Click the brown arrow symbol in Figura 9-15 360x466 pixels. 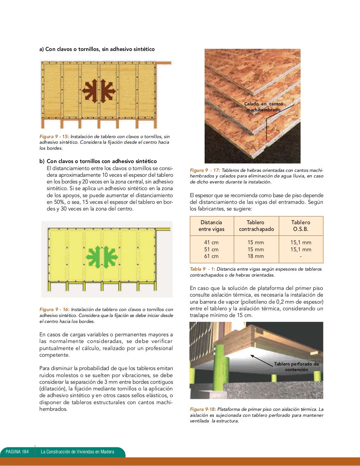coord(99,91)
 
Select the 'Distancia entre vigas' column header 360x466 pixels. coord(211,226)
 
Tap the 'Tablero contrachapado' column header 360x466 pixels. coord(256,226)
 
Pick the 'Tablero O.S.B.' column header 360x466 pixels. coord(301,226)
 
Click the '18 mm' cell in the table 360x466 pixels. coord(256,256)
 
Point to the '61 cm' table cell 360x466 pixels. coord(211,256)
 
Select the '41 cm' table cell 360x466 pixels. coord(211,242)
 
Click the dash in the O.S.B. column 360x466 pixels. coord(301,256)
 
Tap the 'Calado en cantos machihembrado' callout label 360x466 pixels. coord(263,107)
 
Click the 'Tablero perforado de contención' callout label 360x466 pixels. coord(296,367)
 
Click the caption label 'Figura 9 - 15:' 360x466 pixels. coord(54,136)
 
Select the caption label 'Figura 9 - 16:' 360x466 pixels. coord(54,309)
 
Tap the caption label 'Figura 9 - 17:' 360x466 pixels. coord(205,170)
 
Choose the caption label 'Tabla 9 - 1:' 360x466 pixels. coord(202,269)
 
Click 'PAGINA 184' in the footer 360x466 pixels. coord(17,452)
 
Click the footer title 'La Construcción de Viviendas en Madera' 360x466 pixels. coord(77,452)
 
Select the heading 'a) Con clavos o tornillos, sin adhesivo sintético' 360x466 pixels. coord(97,49)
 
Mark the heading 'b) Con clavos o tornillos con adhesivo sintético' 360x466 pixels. coord(98,161)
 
